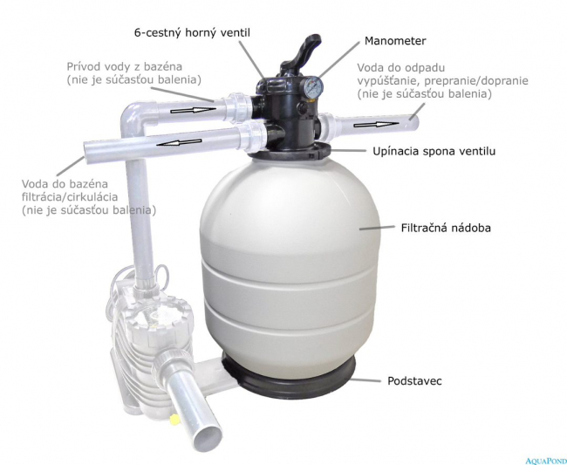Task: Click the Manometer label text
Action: (395, 41)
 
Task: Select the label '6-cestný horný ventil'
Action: (192, 33)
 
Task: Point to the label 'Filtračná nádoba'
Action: (446, 228)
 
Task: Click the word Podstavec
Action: (414, 380)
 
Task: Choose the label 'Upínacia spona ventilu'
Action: (434, 151)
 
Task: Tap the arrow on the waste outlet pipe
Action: (376, 125)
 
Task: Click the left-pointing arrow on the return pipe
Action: (180, 143)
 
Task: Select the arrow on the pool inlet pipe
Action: (193, 110)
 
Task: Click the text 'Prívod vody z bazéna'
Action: (125, 67)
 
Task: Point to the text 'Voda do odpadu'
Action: (401, 68)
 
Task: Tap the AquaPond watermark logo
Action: (546, 461)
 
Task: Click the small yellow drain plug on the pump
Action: (175, 419)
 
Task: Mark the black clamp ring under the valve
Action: (290, 152)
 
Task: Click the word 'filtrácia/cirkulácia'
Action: (70, 197)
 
